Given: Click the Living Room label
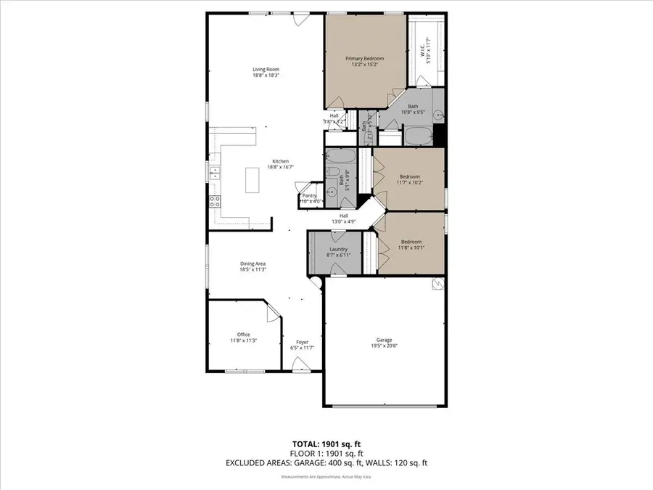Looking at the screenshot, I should click(266, 70).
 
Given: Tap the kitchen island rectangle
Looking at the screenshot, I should click(252, 179).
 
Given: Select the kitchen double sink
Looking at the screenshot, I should click(215, 172).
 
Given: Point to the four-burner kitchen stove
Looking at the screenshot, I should click(215, 203).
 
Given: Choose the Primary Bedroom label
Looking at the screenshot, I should click(364, 59).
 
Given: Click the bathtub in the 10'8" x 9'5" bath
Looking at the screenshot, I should click(416, 136).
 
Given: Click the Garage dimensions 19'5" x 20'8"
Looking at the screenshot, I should click(384, 346).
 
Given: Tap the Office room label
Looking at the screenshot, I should click(243, 335).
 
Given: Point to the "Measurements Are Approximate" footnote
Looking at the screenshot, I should click(326, 477).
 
